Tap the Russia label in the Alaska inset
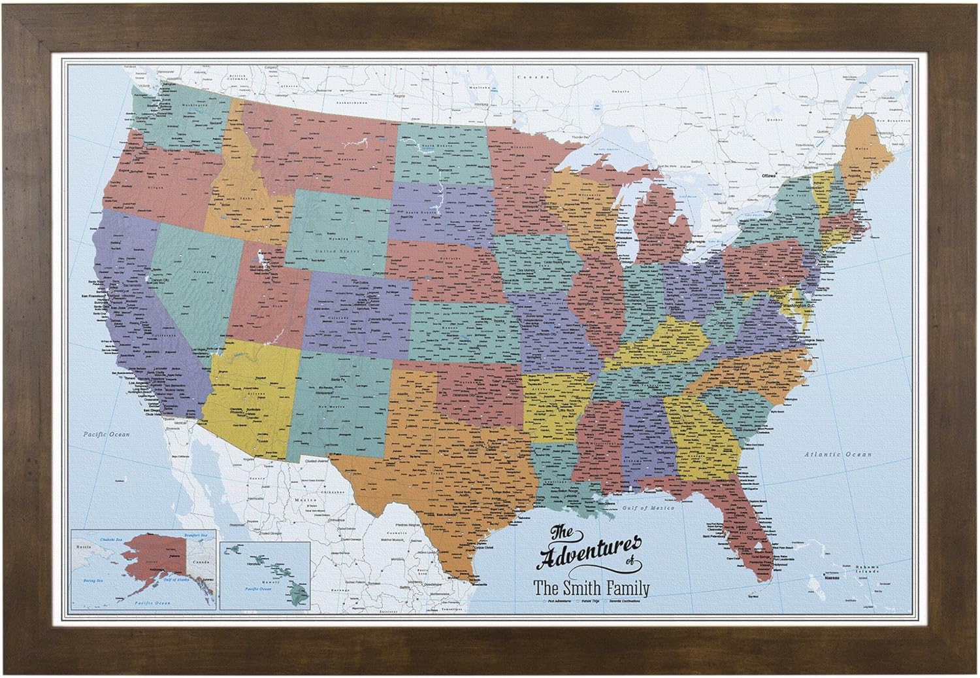tap(84, 547)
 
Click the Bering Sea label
tap(93, 581)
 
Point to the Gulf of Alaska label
tap(176, 579)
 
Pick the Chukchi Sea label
tap(111, 539)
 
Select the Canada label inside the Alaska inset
tap(201, 562)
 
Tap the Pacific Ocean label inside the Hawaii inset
tap(258, 589)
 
